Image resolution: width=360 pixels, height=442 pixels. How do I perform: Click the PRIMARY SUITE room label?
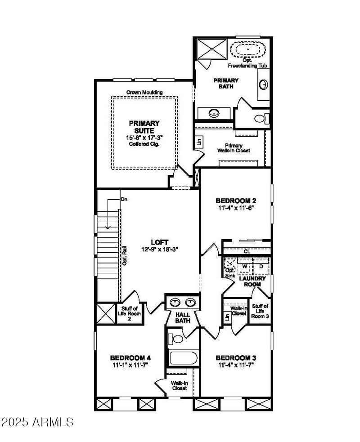pos(144,127)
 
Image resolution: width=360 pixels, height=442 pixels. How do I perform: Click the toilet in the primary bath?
pos(261,119)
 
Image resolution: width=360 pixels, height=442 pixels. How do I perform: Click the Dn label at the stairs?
pos(124,199)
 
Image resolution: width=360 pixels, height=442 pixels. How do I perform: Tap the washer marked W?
pos(245,266)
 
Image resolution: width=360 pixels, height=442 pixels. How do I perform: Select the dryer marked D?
pos(261,266)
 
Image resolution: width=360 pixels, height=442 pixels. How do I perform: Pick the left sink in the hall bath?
pos(176,302)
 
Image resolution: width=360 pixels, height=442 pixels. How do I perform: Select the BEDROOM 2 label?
pos(236,201)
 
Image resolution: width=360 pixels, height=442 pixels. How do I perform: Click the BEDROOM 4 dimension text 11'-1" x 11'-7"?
pos(130,365)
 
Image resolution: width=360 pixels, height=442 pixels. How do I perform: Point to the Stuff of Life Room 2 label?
pos(129,313)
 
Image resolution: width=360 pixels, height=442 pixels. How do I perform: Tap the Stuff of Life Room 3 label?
pos(260,311)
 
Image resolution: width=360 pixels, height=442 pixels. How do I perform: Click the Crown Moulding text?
pos(144,93)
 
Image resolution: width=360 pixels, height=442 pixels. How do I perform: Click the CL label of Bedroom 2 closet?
pos(247,251)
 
